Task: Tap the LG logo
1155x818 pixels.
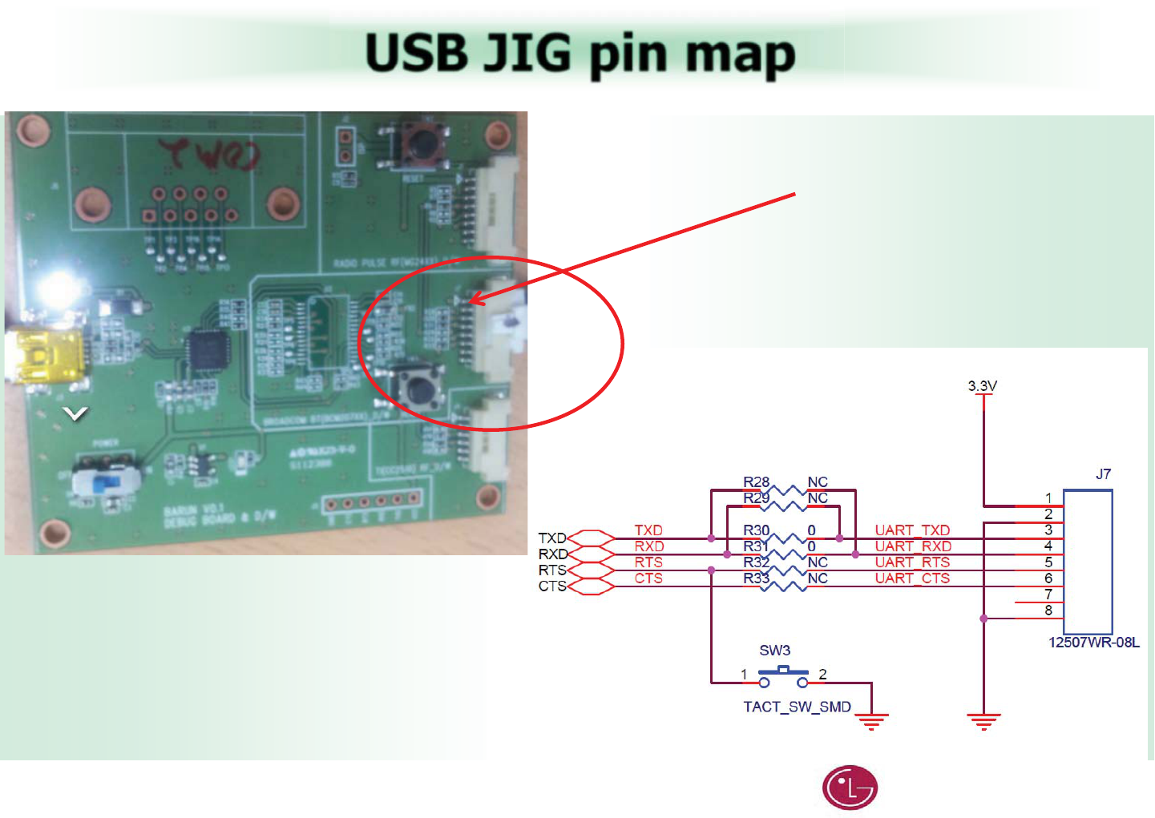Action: (850, 788)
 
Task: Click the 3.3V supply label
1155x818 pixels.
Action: (982, 386)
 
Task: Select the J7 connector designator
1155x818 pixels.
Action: (1103, 474)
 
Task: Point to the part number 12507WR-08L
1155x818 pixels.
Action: (1093, 643)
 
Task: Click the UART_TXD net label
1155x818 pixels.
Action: (912, 530)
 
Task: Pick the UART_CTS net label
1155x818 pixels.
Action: (912, 578)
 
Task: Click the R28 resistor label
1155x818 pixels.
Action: (756, 482)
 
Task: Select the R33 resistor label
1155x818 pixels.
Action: (756, 578)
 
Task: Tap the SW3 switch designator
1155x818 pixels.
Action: (774, 651)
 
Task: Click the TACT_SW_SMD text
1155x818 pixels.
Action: (797, 707)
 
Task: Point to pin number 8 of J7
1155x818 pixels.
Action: (1048, 610)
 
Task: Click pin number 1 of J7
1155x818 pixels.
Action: (1048, 498)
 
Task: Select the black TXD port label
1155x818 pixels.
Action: (552, 538)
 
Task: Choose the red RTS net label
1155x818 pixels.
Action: (648, 562)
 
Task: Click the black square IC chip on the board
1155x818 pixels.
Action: (208, 352)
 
